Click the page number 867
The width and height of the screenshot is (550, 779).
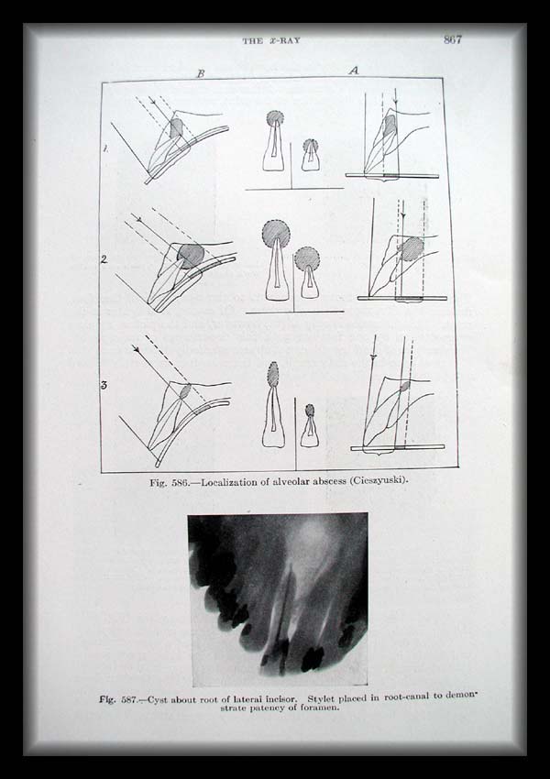tap(453, 39)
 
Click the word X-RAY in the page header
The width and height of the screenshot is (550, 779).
tap(284, 40)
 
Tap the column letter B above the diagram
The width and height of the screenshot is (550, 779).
tap(201, 73)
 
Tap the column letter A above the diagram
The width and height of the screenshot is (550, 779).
tap(353, 71)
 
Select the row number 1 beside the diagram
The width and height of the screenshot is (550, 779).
tap(105, 148)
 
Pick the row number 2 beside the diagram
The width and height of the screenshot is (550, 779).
tap(104, 259)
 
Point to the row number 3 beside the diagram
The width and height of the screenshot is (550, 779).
tap(104, 385)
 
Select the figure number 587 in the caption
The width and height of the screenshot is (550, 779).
tap(130, 700)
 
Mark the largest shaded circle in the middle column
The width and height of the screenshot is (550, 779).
tap(276, 234)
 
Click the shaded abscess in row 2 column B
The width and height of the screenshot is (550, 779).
tap(191, 256)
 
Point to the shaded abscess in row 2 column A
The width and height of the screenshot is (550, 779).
tap(412, 249)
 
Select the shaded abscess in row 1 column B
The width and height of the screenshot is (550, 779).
tap(176, 127)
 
